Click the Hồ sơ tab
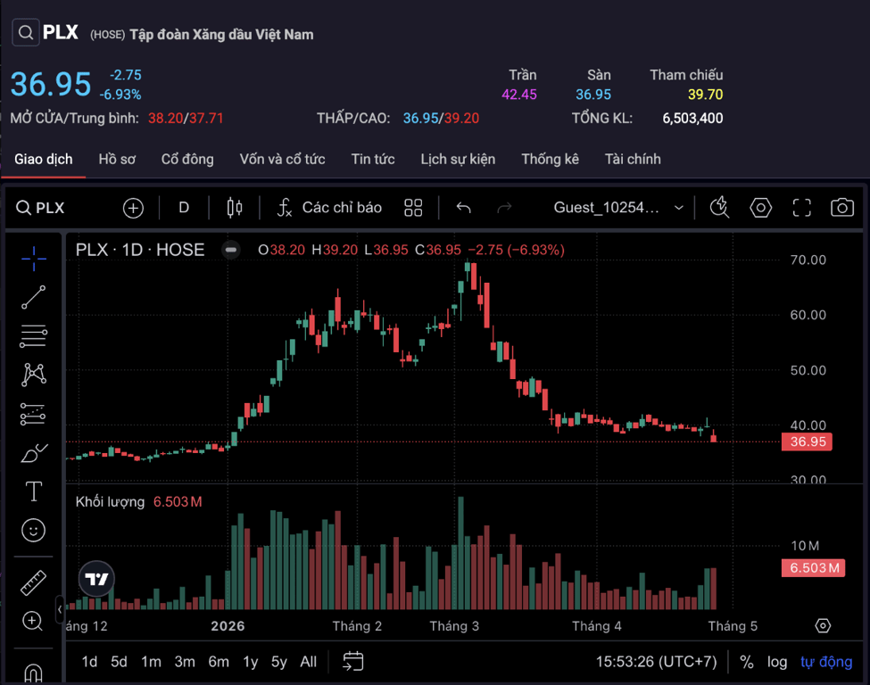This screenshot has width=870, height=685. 117,159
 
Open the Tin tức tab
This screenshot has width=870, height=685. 373,159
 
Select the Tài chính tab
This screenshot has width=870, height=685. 633,159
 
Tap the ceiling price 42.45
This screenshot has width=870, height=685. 519,95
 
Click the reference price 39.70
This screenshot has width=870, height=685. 705,95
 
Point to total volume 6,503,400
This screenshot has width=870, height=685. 692,118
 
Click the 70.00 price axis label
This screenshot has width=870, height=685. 808,260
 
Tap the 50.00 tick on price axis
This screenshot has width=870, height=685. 808,370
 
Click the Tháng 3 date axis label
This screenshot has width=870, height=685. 454,626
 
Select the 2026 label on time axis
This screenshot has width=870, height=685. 228,626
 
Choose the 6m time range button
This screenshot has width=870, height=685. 219,662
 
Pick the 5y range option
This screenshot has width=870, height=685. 279,662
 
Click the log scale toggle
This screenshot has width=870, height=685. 777,662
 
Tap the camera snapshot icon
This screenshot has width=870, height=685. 841,208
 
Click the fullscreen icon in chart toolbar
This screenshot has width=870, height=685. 801,208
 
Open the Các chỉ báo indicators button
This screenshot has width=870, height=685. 329,208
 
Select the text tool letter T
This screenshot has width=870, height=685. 33,491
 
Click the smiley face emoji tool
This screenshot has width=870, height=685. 33,531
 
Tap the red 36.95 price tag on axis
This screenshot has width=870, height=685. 806,442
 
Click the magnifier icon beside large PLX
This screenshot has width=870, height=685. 25,34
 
